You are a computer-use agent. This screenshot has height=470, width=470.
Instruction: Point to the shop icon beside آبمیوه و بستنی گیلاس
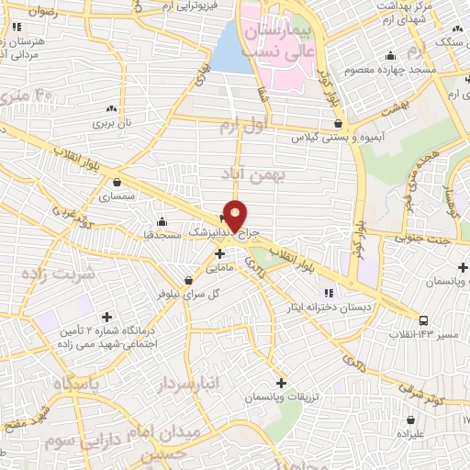tap(338, 122)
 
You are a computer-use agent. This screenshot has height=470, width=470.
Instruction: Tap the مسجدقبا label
tap(162, 235)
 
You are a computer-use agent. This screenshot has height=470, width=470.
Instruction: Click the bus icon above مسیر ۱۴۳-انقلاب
tap(423, 320)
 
